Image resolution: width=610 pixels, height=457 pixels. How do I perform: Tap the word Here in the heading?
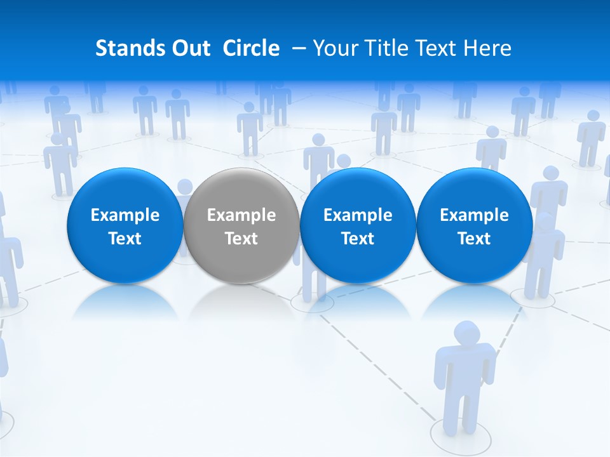pyautogui.click(x=487, y=48)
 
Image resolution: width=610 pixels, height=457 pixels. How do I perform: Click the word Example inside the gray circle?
pyautogui.click(x=241, y=215)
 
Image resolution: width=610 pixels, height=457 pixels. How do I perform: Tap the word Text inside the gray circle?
pyautogui.click(x=241, y=239)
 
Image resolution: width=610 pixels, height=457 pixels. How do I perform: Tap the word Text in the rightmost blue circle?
pyautogui.click(x=475, y=239)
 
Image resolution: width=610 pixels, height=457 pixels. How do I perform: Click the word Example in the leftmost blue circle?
pyautogui.click(x=125, y=215)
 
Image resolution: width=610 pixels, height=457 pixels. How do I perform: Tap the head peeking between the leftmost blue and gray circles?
pyautogui.click(x=185, y=187)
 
